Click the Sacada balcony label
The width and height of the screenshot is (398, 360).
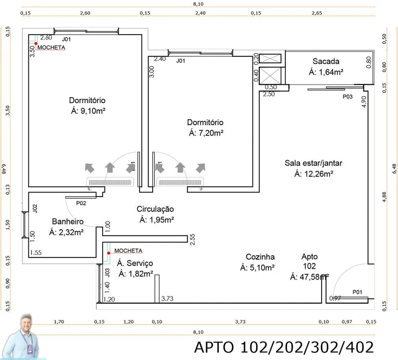click(326, 61)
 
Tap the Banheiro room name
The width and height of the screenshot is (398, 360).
click(68, 221)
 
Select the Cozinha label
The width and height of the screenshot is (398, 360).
click(260, 257)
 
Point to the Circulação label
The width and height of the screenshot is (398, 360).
click(155, 209)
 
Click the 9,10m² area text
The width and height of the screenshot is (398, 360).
click(93, 111)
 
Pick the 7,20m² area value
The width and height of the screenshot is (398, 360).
click(211, 133)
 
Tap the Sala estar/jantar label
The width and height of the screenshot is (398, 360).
click(313, 163)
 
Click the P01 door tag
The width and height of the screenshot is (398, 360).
click(357, 292)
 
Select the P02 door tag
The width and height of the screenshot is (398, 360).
click(81, 203)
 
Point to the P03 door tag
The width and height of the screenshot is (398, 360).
click(348, 97)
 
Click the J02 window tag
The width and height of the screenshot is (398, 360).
click(35, 208)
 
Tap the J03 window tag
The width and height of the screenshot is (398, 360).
click(107, 272)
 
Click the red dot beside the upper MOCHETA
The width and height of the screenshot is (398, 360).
click(36, 44)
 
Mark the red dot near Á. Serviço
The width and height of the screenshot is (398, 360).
click(109, 253)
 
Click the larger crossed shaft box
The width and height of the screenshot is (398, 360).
click(270, 75)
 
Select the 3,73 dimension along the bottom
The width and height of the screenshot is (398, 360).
click(240, 322)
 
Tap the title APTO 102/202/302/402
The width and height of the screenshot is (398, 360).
click(284, 347)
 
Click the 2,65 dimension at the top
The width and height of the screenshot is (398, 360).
click(317, 13)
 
